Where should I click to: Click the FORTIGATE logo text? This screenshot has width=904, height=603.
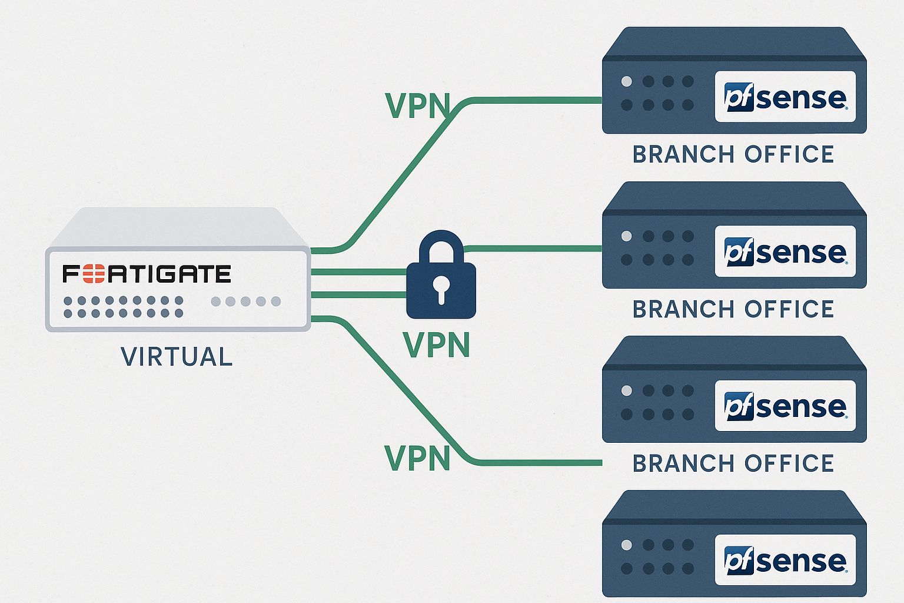click(x=147, y=274)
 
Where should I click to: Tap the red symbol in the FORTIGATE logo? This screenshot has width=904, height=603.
click(x=93, y=274)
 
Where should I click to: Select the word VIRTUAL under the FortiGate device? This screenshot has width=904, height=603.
click(x=177, y=357)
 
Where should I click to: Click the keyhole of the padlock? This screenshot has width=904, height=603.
click(x=441, y=288)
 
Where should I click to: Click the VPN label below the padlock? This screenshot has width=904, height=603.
click(x=436, y=345)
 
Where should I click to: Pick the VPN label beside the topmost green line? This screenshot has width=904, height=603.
click(x=417, y=106)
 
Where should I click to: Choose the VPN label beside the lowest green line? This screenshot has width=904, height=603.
click(x=417, y=458)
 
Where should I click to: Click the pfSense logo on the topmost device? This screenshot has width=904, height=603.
click(x=785, y=97)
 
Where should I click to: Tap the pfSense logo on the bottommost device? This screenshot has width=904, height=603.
click(x=785, y=560)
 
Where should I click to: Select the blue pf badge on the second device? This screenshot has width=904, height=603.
click(x=739, y=252)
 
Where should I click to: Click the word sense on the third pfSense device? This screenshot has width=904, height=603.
click(x=801, y=407)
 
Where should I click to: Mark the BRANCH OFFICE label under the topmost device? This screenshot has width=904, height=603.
click(x=733, y=154)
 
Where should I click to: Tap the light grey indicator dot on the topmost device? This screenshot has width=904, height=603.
click(x=627, y=81)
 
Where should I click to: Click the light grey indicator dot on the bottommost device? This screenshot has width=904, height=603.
click(x=627, y=545)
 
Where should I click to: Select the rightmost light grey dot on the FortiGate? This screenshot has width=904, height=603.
click(x=275, y=301)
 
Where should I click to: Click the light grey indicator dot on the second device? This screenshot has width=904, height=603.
click(x=627, y=236)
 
